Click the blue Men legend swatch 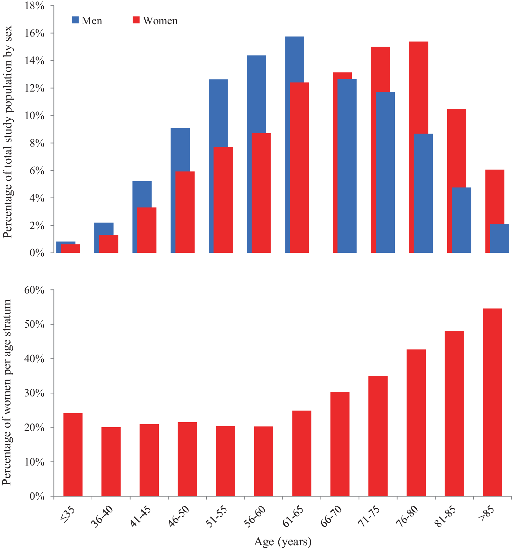[75, 20]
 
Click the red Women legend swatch [136, 20]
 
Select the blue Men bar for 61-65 [294, 145]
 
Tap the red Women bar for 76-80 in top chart [418, 147]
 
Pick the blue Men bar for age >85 [500, 238]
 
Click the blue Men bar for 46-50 [180, 190]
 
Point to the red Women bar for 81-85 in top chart [457, 181]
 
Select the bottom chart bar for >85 [492, 402]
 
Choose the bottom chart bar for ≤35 [73, 454]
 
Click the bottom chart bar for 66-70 [340, 444]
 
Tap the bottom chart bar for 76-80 [416, 423]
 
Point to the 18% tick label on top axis [34, 6]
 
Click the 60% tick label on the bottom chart [34, 290]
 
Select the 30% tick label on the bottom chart [34, 393]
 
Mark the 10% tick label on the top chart [34, 116]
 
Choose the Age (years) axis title [283, 541]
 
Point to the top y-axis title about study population [7, 132]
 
